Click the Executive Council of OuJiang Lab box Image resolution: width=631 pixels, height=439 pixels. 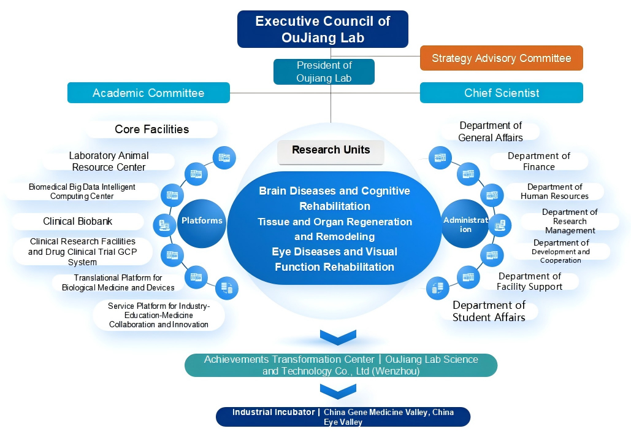pyautogui.click(x=323, y=29)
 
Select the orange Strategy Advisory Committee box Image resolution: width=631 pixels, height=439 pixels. pyautogui.click(x=501, y=58)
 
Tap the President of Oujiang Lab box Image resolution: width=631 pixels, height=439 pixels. pyautogui.click(x=324, y=71)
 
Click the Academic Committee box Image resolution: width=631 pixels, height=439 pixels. pyautogui.click(x=148, y=93)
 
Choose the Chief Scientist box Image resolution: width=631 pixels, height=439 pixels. pyautogui.click(x=501, y=93)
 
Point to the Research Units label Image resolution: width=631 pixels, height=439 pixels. pyautogui.click(x=331, y=150)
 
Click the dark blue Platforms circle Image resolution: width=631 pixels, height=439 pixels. pyautogui.click(x=202, y=221)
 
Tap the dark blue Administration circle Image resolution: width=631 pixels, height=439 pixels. pyautogui.click(x=465, y=224)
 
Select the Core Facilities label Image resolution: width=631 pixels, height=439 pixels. pyautogui.click(x=152, y=130)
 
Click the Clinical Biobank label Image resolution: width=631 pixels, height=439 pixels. pyautogui.click(x=78, y=222)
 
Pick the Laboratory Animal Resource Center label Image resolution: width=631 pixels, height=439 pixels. pyautogui.click(x=109, y=161)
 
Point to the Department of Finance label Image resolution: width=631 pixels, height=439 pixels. pyautogui.click(x=538, y=161)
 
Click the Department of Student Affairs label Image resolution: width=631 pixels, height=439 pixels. pyautogui.click(x=489, y=311)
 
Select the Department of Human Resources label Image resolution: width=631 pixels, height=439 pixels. pyautogui.click(x=554, y=192)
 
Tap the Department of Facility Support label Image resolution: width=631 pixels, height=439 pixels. pyautogui.click(x=529, y=281)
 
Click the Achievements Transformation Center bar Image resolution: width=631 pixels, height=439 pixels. pyautogui.click(x=341, y=365)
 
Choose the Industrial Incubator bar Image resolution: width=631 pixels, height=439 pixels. pyautogui.click(x=343, y=417)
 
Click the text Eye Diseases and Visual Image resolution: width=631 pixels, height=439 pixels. pyautogui.click(x=335, y=252)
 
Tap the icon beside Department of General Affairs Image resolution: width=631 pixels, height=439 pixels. pyautogui.click(x=440, y=157)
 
